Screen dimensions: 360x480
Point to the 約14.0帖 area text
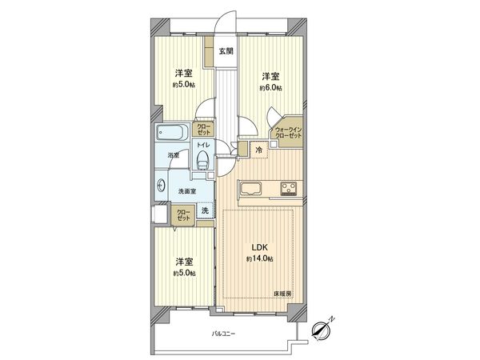pos(261,260)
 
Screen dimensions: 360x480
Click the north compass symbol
pos(324,328)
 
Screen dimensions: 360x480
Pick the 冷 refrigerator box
pos(259,150)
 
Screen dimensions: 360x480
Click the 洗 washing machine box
pos(205,210)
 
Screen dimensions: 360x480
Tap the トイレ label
pos(203,146)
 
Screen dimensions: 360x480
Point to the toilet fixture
pos(203,162)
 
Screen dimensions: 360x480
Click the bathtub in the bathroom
pos(170,132)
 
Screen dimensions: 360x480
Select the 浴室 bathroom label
pos(173,156)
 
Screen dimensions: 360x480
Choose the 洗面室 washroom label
pos(187,192)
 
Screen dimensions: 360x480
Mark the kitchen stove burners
pos(287,190)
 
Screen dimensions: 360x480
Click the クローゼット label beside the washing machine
pos(183,214)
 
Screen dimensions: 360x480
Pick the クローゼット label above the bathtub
pos(205,128)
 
